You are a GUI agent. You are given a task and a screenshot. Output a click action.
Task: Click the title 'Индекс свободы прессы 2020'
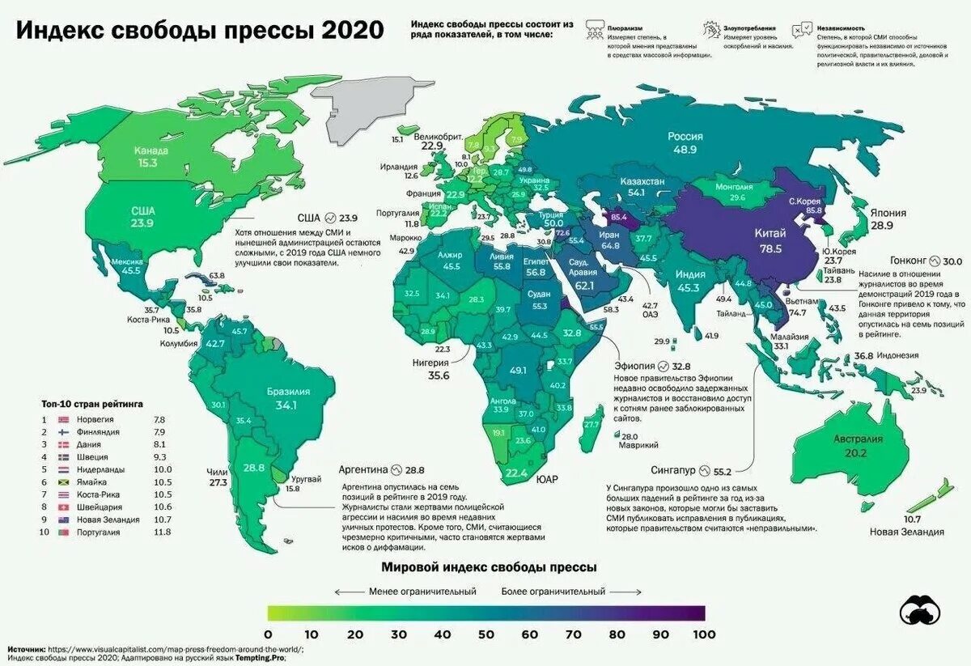[x=201, y=31]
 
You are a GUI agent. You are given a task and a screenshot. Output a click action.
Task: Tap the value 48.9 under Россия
[x=685, y=151]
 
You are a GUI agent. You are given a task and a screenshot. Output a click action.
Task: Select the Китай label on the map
[x=770, y=234]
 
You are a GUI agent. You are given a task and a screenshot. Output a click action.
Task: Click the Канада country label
[x=151, y=151]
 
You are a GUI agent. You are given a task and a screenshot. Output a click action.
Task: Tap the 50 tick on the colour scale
[x=486, y=634]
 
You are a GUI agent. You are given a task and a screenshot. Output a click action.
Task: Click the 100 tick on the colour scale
[x=705, y=634]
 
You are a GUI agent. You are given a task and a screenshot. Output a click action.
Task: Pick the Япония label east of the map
[x=888, y=212]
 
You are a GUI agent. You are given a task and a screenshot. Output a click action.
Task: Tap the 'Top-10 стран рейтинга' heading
[x=92, y=402]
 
